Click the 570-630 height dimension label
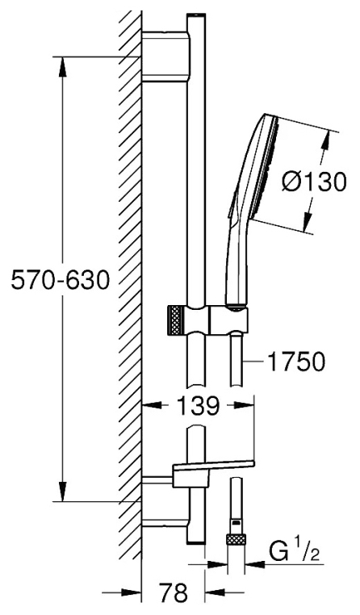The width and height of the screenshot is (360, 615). [x=60, y=280]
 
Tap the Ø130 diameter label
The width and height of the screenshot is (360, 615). [x=316, y=182]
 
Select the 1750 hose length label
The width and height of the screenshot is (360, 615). [x=297, y=362]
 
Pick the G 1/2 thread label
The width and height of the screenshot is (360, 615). [x=294, y=551]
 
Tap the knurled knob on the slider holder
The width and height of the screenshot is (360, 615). [x=175, y=320]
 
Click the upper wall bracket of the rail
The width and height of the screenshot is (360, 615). [x=166, y=56]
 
